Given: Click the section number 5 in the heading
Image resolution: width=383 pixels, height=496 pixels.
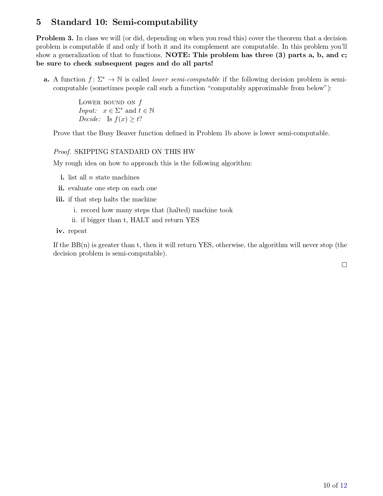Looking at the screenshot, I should (38, 22).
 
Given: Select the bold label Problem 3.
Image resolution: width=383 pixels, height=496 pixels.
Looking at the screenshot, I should (55, 38).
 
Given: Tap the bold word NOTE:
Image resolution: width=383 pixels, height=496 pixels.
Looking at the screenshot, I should (178, 55).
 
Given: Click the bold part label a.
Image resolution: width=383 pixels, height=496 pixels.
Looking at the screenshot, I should (46, 79).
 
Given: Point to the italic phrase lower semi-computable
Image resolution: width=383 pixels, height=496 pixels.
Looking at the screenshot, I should (186, 79).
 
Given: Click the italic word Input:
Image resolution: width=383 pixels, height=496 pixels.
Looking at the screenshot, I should (88, 111).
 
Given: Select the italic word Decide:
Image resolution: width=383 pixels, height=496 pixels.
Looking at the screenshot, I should (90, 119).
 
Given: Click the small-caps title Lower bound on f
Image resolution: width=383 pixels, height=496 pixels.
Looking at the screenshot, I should (110, 102).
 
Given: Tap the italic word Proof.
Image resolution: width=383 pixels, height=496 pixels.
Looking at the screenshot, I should (62, 152).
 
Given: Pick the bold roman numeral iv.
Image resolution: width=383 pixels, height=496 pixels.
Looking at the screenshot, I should (60, 231).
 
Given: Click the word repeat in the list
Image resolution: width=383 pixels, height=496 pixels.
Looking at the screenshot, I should (78, 231).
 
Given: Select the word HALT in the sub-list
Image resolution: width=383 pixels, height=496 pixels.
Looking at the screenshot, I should (140, 220).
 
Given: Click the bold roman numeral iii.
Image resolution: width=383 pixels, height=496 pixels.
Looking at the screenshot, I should (60, 199).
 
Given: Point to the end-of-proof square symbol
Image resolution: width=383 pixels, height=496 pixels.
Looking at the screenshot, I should (344, 265).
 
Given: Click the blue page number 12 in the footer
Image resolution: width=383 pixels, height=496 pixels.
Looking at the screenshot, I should (343, 485).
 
